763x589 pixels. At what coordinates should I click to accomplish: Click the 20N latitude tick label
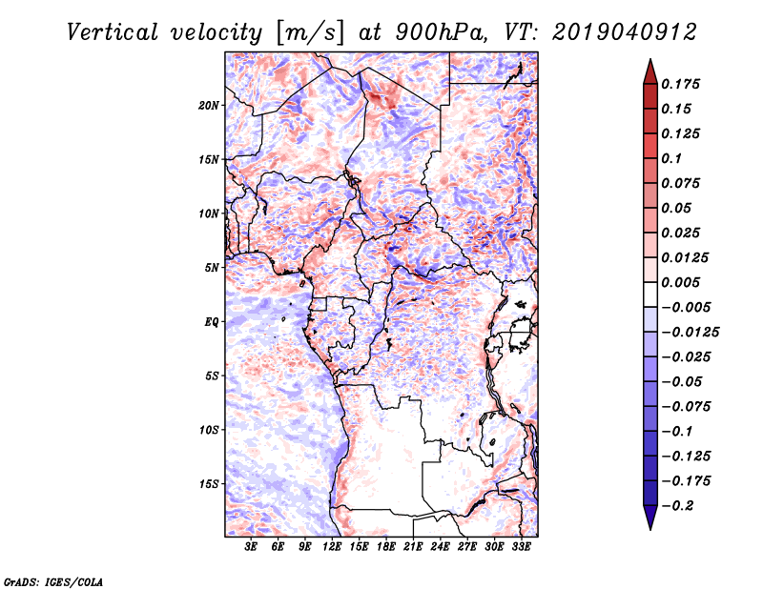[x=209, y=106]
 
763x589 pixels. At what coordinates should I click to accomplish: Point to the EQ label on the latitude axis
[x=212, y=322]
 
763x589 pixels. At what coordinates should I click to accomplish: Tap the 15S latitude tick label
[x=209, y=484]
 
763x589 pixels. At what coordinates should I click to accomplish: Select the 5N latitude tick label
[x=212, y=268]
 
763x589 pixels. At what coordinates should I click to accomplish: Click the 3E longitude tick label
[x=251, y=547]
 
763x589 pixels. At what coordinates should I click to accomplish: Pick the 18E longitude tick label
[x=386, y=547]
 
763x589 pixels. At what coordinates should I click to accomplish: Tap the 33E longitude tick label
[x=521, y=547]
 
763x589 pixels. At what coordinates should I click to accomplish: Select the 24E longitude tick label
[x=440, y=547]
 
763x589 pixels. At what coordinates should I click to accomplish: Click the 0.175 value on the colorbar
[x=680, y=84]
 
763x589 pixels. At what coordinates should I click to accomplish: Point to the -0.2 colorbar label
[x=677, y=506]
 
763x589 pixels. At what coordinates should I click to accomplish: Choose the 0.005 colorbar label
[x=680, y=282]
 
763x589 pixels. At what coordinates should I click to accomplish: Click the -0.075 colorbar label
[x=686, y=407]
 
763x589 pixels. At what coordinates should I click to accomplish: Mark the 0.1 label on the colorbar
[x=671, y=158]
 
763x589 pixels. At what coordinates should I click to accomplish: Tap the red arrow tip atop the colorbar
[x=650, y=59]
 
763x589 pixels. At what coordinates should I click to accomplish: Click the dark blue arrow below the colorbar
[x=650, y=518]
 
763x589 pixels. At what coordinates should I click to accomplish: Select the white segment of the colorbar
[x=650, y=294]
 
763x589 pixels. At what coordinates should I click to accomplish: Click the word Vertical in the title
[x=113, y=32]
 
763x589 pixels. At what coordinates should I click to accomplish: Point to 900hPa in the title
[x=442, y=32]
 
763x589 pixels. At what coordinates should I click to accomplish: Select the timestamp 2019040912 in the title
[x=625, y=32]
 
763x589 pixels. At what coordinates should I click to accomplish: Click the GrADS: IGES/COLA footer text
[x=53, y=582]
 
